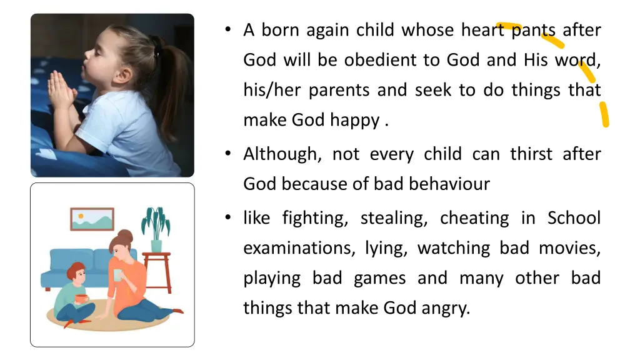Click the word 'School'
(574, 218)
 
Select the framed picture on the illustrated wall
(92, 219)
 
